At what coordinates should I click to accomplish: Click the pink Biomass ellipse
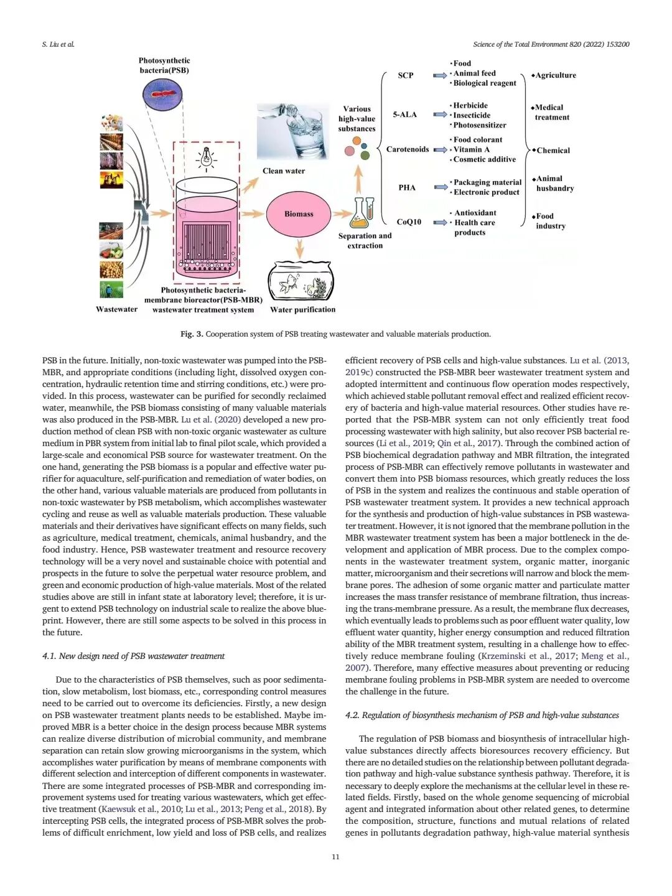click(299, 214)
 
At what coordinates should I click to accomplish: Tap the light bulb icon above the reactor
click(206, 158)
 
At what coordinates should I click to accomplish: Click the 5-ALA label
click(404, 114)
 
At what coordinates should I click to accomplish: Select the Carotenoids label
click(407, 149)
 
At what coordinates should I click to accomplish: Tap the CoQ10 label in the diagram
click(409, 222)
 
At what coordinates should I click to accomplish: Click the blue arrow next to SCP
click(440, 75)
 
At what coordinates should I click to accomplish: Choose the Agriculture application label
click(555, 75)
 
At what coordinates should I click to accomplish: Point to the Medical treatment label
click(551, 112)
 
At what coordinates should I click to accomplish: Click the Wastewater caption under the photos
click(116, 309)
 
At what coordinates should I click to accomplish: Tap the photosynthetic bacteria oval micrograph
click(162, 95)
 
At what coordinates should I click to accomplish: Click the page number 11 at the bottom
click(335, 857)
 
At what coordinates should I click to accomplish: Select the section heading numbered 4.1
click(133, 656)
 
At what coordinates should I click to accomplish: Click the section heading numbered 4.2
click(482, 715)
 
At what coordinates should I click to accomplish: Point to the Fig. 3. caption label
click(192, 334)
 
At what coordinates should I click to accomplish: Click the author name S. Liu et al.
click(58, 44)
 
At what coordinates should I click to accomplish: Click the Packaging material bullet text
click(487, 182)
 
